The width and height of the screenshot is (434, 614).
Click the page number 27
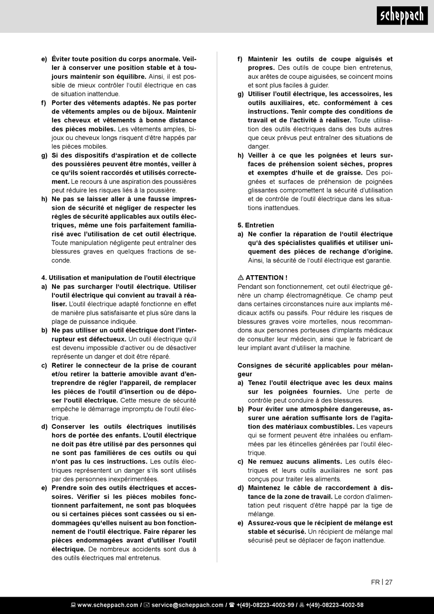[389, 582]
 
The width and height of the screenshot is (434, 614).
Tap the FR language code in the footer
[375, 582]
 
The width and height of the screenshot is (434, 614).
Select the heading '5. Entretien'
[256, 225]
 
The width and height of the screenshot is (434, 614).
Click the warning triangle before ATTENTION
[241, 278]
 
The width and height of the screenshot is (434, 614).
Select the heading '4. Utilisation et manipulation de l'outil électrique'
[118, 278]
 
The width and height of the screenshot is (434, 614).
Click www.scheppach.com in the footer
[107, 605]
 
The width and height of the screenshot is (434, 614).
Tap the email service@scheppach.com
[187, 605]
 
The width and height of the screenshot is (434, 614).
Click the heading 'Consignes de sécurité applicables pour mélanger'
[315, 366]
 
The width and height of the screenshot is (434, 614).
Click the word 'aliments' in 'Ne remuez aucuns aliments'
[326, 462]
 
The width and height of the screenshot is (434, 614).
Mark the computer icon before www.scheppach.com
[73, 605]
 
